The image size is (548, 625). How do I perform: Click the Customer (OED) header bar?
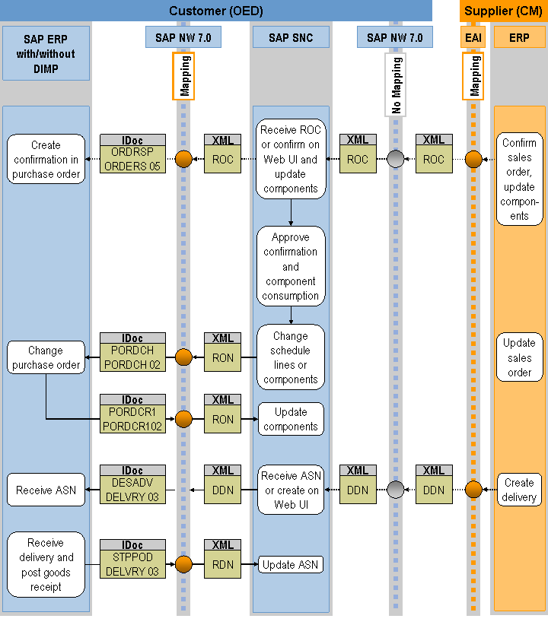pos(216,11)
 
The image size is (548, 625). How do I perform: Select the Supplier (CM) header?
pos(503,11)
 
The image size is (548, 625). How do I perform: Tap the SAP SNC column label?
pos(291,37)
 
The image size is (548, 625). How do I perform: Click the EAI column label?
pos(473,37)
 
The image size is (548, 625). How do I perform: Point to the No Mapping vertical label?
pos(396,84)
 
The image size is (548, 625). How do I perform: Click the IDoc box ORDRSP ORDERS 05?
pos(132,154)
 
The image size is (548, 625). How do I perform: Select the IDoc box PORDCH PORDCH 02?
pos(132,352)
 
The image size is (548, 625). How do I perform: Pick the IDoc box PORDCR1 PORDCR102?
pos(132,414)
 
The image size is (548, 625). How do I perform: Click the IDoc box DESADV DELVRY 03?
pos(132,484)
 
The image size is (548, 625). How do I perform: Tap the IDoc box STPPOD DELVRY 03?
pos(132,559)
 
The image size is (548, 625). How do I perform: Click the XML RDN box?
pos(223,559)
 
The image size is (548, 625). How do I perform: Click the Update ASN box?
pos(291,565)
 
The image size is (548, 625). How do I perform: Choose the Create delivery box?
pos(519,490)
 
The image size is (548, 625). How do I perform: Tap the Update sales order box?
pos(519,357)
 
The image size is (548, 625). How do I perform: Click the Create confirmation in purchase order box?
pos(46,160)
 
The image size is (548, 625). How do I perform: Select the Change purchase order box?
pos(46,357)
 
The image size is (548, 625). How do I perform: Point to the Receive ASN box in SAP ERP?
pos(46,490)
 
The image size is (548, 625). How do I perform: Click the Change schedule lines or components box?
pos(291,357)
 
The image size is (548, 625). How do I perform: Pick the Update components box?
pos(291,419)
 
